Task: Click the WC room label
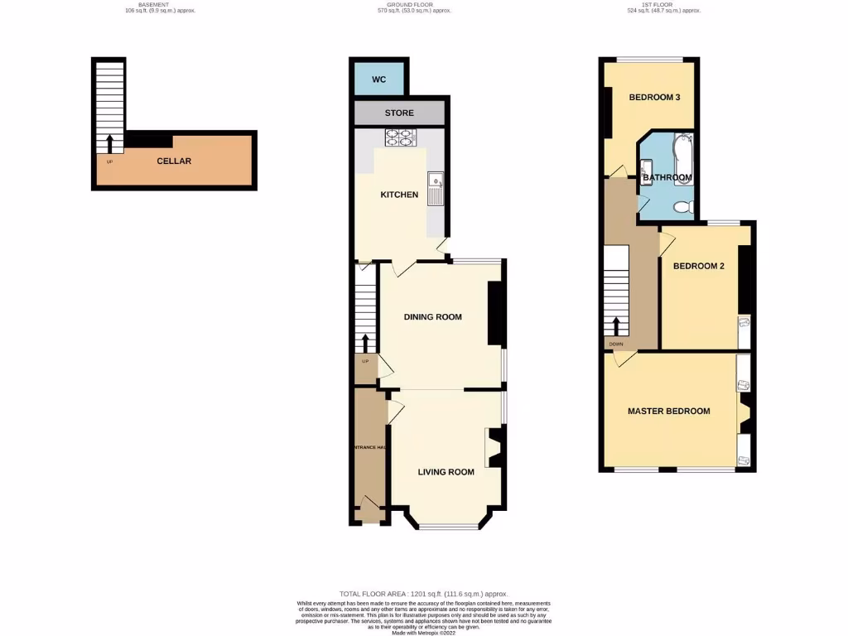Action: click(379, 79)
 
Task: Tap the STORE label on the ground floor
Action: click(399, 113)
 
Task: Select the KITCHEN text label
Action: click(399, 195)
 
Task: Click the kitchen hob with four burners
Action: click(399, 137)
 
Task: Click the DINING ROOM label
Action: click(432, 317)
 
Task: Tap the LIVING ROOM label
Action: click(446, 472)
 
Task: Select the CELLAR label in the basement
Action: click(174, 161)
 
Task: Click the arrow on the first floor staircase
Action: click(616, 325)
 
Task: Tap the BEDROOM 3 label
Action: click(654, 98)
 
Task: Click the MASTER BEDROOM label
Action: click(668, 412)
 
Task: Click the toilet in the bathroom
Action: click(682, 206)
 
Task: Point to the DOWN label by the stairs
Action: click(615, 344)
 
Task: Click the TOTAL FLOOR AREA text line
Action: click(423, 594)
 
